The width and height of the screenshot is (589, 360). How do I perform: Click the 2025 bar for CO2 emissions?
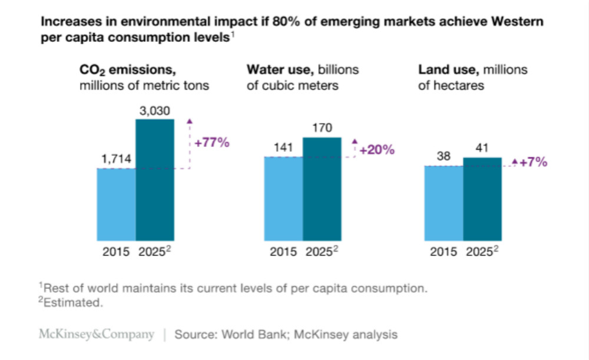(x=155, y=180)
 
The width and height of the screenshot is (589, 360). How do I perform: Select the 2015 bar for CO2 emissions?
(x=116, y=204)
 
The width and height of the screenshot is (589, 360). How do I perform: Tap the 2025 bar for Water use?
(x=322, y=189)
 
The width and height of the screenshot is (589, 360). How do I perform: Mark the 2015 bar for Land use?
(x=444, y=203)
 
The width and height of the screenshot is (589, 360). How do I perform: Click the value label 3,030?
(x=155, y=110)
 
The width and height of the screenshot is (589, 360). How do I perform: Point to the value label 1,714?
(x=115, y=159)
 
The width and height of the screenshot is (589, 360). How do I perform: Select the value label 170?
(x=322, y=128)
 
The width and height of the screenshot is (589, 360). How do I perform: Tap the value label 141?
(x=284, y=148)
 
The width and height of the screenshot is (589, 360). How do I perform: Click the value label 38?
(x=444, y=157)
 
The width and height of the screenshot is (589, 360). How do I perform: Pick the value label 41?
(x=482, y=148)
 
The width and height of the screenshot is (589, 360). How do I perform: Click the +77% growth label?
(x=211, y=143)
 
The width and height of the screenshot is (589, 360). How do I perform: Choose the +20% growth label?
(x=376, y=150)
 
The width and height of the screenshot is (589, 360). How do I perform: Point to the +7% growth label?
(x=533, y=162)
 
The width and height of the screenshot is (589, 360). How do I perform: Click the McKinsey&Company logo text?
(x=96, y=335)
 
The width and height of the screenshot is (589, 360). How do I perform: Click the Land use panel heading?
(x=473, y=77)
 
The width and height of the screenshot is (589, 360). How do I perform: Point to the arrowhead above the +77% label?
(x=190, y=121)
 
